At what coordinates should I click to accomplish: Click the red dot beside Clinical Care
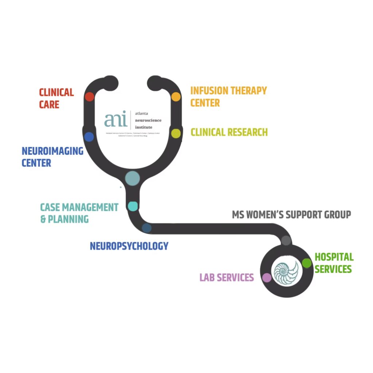point(90,97)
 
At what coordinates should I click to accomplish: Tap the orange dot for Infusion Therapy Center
point(176,97)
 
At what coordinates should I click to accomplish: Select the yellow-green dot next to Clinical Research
point(176,133)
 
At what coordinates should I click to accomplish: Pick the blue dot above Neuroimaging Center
point(89,137)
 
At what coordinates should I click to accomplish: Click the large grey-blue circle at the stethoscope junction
point(132,178)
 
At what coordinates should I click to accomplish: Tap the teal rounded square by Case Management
point(133,206)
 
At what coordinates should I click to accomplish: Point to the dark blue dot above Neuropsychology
point(147,228)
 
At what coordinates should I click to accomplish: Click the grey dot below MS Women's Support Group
point(286,240)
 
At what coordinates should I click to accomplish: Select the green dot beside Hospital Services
point(307,263)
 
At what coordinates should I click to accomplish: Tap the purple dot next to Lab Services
point(267,278)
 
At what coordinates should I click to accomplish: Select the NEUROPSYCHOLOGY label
point(129,246)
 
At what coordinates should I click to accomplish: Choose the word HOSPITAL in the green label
point(334,257)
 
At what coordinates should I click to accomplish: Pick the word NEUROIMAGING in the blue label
point(52,151)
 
